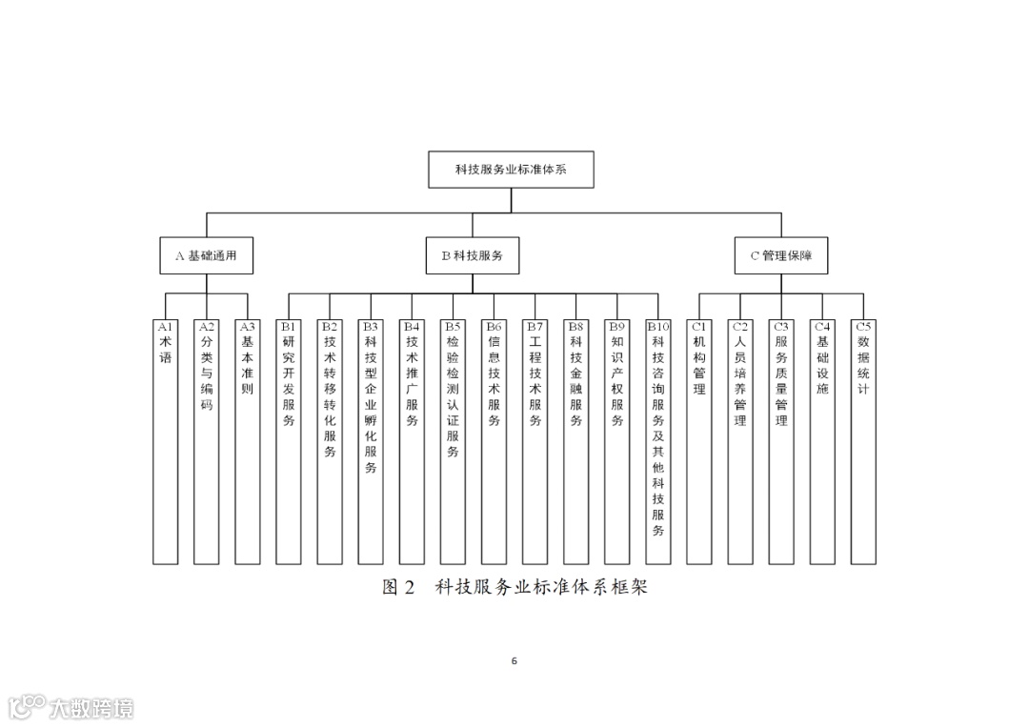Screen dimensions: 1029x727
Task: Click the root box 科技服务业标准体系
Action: point(511,171)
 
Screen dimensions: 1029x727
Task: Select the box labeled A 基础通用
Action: point(206,255)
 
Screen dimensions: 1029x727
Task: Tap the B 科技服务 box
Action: point(473,255)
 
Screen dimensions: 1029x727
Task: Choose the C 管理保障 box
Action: point(781,255)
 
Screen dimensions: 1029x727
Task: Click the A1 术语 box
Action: point(165,441)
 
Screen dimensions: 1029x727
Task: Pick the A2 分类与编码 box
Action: point(206,441)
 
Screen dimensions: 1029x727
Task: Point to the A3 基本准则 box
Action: point(247,441)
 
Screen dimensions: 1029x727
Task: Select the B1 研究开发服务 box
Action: point(289,441)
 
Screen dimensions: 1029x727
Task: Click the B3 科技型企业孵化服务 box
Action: point(371,441)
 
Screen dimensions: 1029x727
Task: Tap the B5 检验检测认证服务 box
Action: point(453,441)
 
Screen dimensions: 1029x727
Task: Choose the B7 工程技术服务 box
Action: point(535,441)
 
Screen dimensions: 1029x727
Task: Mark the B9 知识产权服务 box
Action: point(616,441)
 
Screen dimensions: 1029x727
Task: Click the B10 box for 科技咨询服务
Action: point(658,441)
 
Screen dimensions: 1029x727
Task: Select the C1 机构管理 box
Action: point(699,441)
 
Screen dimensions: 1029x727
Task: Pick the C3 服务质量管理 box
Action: point(781,441)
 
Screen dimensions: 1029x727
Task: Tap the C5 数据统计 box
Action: point(863,441)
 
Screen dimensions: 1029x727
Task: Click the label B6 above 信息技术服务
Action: point(494,326)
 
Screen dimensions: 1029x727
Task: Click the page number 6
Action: point(514,660)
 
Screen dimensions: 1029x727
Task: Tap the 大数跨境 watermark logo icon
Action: point(27,706)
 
